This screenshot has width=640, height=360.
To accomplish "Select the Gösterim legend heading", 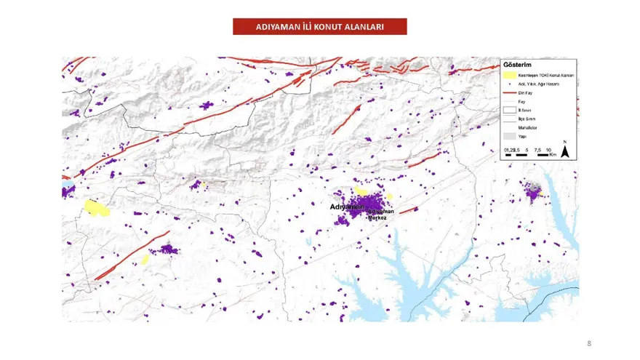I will click(516, 63).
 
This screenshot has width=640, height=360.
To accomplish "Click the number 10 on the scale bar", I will click(547, 150).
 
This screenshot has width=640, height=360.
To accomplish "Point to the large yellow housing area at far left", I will click(96, 208).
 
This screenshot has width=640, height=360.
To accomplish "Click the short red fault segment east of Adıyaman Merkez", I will click(408, 210).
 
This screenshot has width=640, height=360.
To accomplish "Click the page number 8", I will click(589, 342).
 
